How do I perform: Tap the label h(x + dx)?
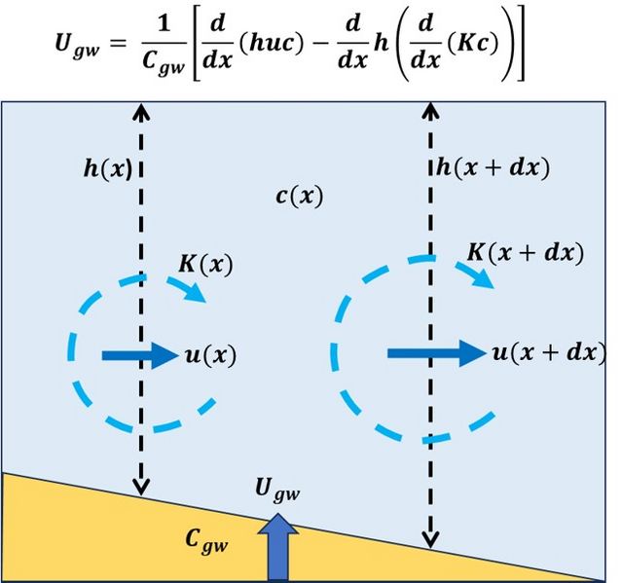click(x=493, y=166)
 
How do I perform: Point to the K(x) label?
click(x=206, y=264)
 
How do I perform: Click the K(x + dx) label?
click(x=526, y=255)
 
